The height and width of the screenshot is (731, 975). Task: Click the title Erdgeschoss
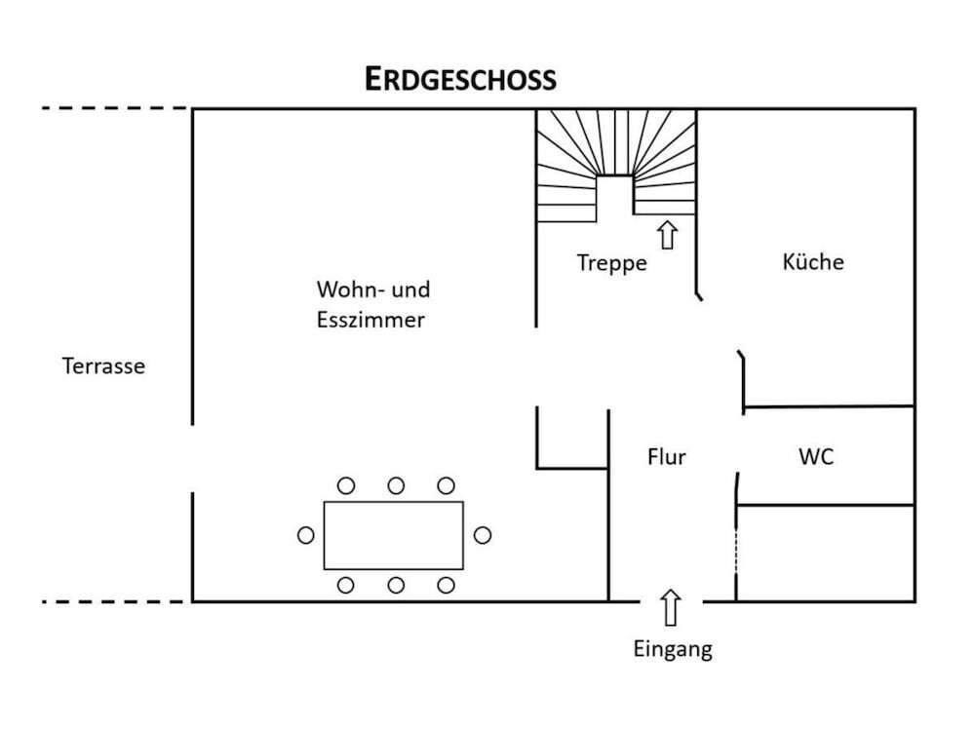460,79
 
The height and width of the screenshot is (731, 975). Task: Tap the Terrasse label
103,366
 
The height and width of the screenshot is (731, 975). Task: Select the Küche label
813,261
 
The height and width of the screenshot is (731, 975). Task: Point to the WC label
815,456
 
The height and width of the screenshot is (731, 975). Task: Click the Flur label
667,456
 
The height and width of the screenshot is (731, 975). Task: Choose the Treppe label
611,262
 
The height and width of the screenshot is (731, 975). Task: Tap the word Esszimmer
370,320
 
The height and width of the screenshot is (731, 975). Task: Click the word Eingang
673,649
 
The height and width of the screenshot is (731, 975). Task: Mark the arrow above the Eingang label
670,608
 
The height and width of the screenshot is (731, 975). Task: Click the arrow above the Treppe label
667,235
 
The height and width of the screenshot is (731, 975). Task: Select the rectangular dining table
394,535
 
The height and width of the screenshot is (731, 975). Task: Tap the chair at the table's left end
306,535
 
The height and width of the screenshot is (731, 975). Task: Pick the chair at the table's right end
482,535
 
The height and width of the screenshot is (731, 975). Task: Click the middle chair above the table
396,485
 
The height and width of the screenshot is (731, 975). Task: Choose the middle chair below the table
396,585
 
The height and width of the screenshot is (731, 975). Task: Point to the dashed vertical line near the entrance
736,554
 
